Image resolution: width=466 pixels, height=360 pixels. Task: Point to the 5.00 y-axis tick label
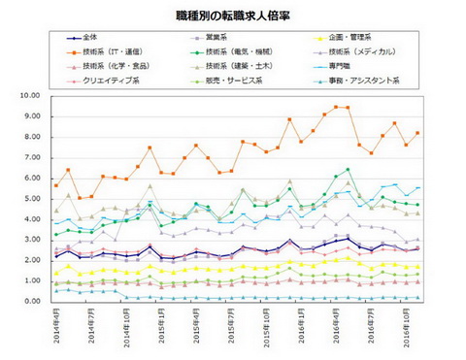29,199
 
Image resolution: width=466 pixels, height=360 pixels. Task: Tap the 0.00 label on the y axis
29,301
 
